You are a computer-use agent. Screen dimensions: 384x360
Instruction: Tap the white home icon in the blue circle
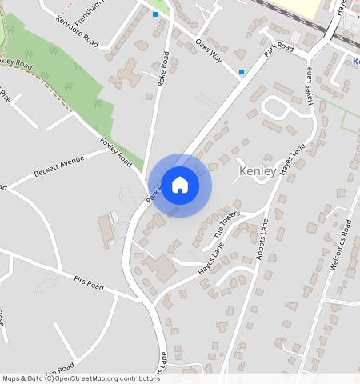(180, 185)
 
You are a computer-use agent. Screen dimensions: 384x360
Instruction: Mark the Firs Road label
(89, 285)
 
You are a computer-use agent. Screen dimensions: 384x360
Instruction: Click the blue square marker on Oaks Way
(242, 73)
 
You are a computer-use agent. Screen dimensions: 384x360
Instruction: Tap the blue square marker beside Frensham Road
(155, 14)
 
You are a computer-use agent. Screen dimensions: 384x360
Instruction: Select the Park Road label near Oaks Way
(280, 50)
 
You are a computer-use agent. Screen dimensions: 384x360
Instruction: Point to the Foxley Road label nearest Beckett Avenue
(116, 152)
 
